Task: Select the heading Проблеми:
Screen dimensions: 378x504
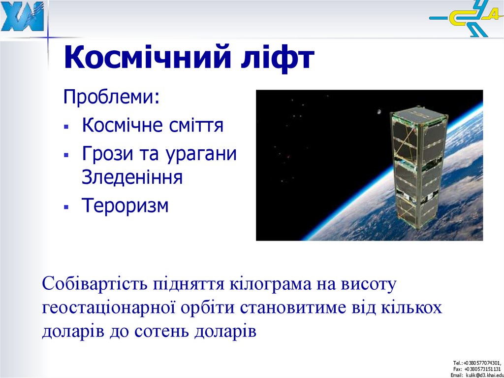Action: [x=111, y=97]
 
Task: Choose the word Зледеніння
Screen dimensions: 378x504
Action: [x=132, y=177]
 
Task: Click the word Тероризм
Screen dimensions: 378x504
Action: [x=125, y=206]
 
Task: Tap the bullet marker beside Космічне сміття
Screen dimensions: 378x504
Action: [x=66, y=127]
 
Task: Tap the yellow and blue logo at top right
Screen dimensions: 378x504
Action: [x=465, y=20]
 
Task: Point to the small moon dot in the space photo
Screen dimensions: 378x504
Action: [x=378, y=111]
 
